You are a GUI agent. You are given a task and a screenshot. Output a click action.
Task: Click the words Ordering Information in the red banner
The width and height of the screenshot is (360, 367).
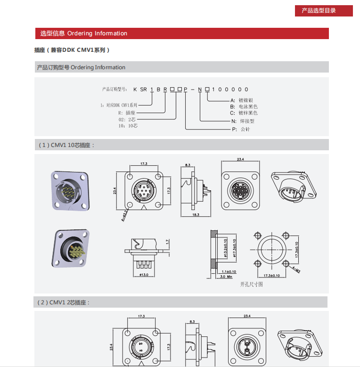97,33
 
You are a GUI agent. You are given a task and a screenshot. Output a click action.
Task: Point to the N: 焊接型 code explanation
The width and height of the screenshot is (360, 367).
244,121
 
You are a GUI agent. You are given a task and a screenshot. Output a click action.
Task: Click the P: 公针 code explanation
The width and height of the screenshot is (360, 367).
241,129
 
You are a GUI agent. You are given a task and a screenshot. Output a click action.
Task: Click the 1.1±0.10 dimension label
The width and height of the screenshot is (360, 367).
228,272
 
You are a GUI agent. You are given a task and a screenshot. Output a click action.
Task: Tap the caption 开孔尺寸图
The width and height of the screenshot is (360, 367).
251,284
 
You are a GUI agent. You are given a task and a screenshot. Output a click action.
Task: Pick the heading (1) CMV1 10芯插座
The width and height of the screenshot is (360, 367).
66,145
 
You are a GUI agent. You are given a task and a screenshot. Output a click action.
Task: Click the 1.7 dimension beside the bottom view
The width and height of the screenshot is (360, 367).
167,241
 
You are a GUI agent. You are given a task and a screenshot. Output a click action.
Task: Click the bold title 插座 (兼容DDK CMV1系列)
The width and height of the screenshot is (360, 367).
72,50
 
